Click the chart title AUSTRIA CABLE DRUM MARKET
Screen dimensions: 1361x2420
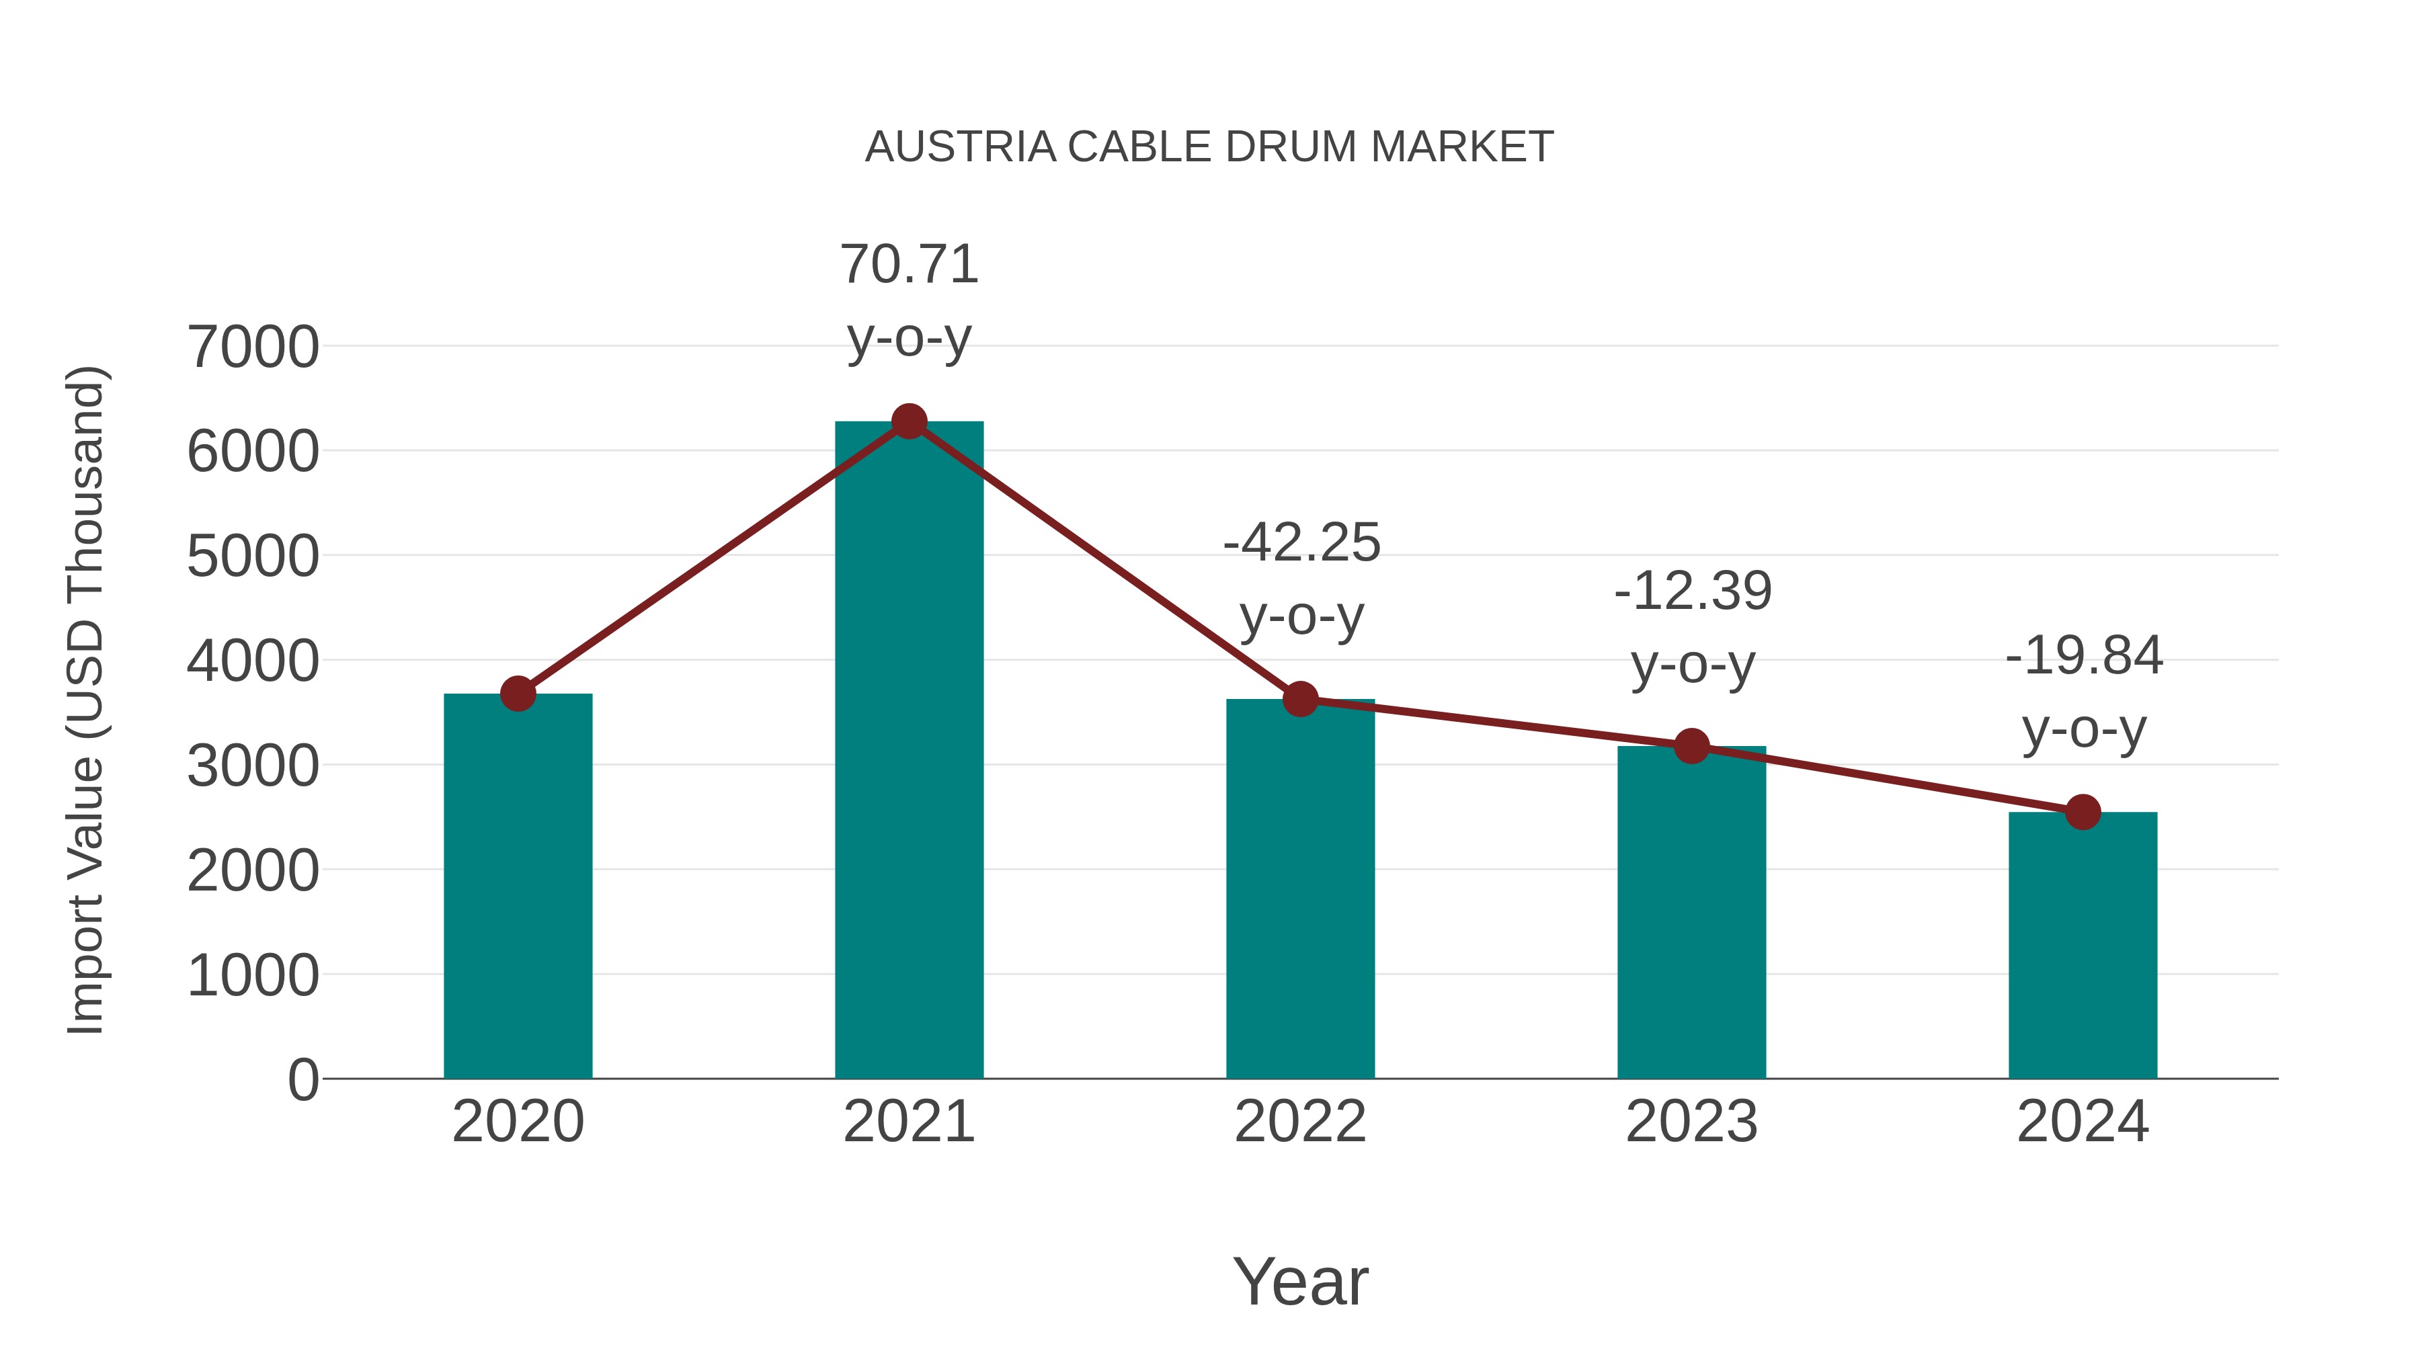[x=1209, y=147]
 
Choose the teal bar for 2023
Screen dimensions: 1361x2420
[x=1691, y=912]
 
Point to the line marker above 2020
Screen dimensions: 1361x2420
[x=518, y=694]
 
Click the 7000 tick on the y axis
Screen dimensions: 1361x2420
[x=253, y=347]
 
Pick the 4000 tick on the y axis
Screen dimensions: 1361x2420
[x=253, y=661]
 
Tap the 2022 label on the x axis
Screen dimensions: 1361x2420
[x=1300, y=1122]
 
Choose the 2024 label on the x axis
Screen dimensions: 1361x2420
[x=2083, y=1122]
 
